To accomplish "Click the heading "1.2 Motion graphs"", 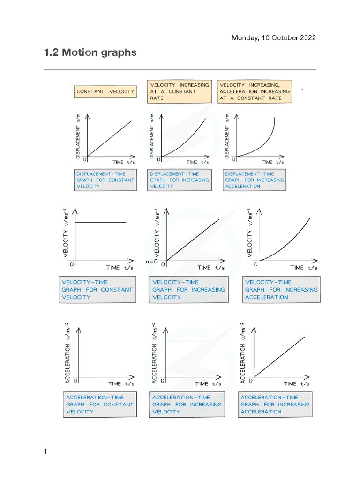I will click(x=90, y=52).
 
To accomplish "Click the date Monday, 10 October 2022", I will click(x=274, y=38).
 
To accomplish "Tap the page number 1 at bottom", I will click(x=45, y=452).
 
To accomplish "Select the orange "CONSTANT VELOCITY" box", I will click(x=105, y=92).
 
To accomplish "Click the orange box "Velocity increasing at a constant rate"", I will click(x=180, y=91).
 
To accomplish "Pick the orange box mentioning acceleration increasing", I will click(x=255, y=91).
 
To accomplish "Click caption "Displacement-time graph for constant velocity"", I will click(x=105, y=180).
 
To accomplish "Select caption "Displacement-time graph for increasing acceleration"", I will click(x=254, y=180).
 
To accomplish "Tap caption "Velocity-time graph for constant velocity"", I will click(x=97, y=290).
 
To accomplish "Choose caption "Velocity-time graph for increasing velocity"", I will click(x=188, y=290).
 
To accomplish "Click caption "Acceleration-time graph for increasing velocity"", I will click(x=187, y=405).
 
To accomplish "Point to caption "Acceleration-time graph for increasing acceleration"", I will click(x=275, y=405).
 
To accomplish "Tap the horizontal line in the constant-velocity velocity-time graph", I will click(x=101, y=223).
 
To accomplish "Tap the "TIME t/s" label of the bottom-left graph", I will click(x=121, y=383).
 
